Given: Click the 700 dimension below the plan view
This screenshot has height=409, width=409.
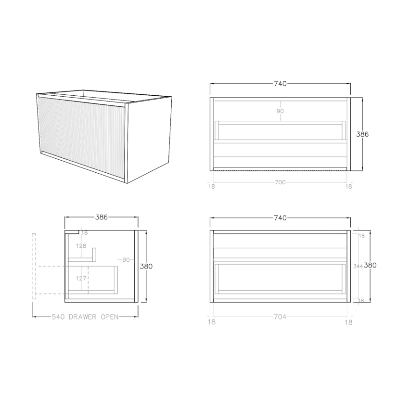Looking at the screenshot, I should [280, 182].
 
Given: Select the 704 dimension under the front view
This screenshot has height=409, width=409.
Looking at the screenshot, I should [280, 317].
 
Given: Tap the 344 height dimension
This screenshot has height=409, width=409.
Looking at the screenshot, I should [358, 266].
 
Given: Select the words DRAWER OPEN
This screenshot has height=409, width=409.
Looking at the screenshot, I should [93, 317].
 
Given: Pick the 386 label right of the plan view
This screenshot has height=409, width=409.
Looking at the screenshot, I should [362, 134].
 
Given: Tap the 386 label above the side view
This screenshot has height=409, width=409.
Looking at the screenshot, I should [101, 217].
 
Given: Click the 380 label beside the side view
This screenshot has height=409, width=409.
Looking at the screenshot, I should [146, 266].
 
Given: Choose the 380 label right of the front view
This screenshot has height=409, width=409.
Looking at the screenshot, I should [370, 265].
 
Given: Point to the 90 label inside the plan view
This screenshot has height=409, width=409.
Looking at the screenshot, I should [280, 111].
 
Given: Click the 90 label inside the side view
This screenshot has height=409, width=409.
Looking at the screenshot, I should [126, 260].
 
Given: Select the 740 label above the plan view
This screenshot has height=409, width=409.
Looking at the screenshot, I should [280, 84].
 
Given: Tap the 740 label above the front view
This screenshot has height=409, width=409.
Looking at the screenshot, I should [280, 218].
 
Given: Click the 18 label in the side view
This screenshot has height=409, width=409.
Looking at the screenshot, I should [85, 233].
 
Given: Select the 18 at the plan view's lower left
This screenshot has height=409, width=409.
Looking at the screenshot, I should [212, 186].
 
